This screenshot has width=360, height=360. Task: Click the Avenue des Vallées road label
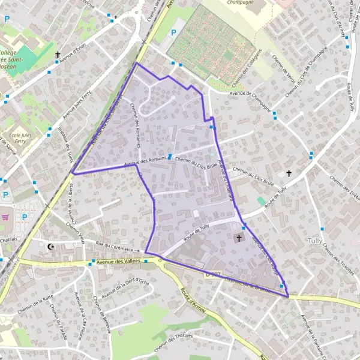tap(116, 260)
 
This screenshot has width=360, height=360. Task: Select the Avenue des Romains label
tap(144, 161)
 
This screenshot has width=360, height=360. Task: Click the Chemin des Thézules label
tap(173, 341)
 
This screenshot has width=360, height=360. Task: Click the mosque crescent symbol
tap(50, 246)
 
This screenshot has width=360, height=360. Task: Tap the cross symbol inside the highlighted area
tap(239, 238)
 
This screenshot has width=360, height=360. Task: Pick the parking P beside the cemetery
tap(174, 32)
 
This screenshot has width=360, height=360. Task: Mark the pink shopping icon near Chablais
tap(5, 218)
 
